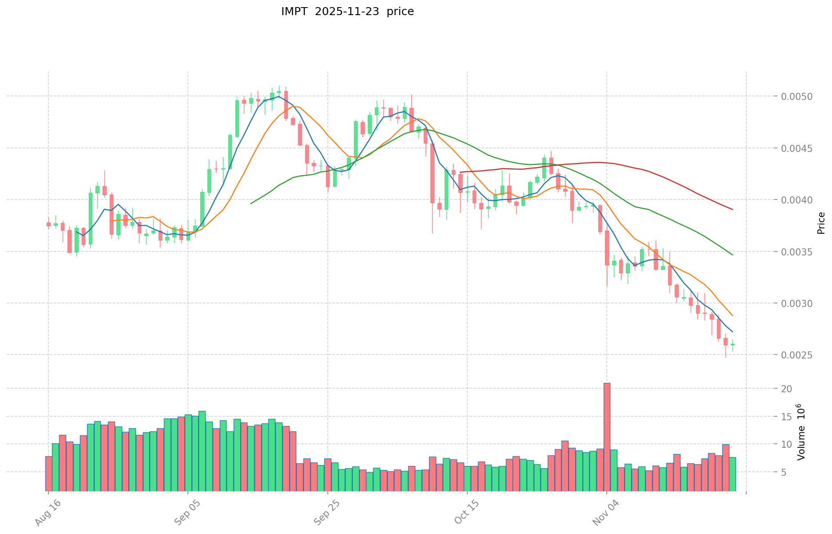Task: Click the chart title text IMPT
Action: click(x=294, y=12)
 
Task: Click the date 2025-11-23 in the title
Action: click(x=347, y=12)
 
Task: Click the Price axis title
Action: click(x=821, y=223)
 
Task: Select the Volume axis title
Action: click(x=801, y=432)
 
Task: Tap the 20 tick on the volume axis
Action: click(x=787, y=389)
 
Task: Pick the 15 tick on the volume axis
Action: click(x=787, y=417)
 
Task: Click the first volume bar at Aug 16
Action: click(x=48, y=473)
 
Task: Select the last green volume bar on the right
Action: click(x=732, y=474)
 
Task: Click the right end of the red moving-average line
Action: click(x=732, y=210)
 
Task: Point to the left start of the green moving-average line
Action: click(x=251, y=203)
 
